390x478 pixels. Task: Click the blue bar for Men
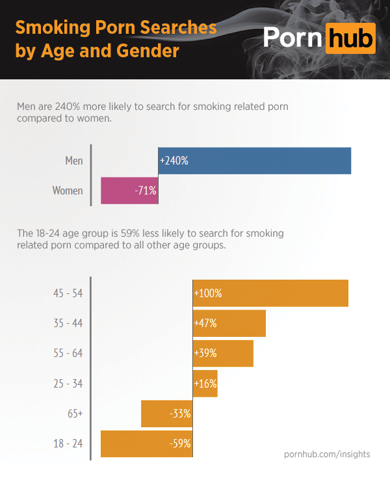pos(254,161)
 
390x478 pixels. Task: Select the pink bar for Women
pos(129,191)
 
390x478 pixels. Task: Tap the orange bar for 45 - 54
pos(270,293)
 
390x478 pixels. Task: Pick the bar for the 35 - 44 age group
pos(229,323)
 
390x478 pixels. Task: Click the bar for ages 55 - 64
pos(223,353)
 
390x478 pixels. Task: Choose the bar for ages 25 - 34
pos(205,384)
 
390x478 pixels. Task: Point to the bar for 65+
pos(166,414)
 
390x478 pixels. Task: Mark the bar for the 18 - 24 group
pos(146,444)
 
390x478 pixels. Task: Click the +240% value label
pos(174,161)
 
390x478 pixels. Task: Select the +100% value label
pos(208,293)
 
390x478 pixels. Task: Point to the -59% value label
pos(179,444)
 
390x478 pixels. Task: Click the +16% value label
pos(205,384)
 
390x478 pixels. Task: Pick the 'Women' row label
pos(68,191)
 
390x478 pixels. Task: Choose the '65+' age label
pos(74,414)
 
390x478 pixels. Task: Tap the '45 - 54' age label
pos(68,293)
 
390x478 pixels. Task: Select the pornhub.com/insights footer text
pos(327,454)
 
